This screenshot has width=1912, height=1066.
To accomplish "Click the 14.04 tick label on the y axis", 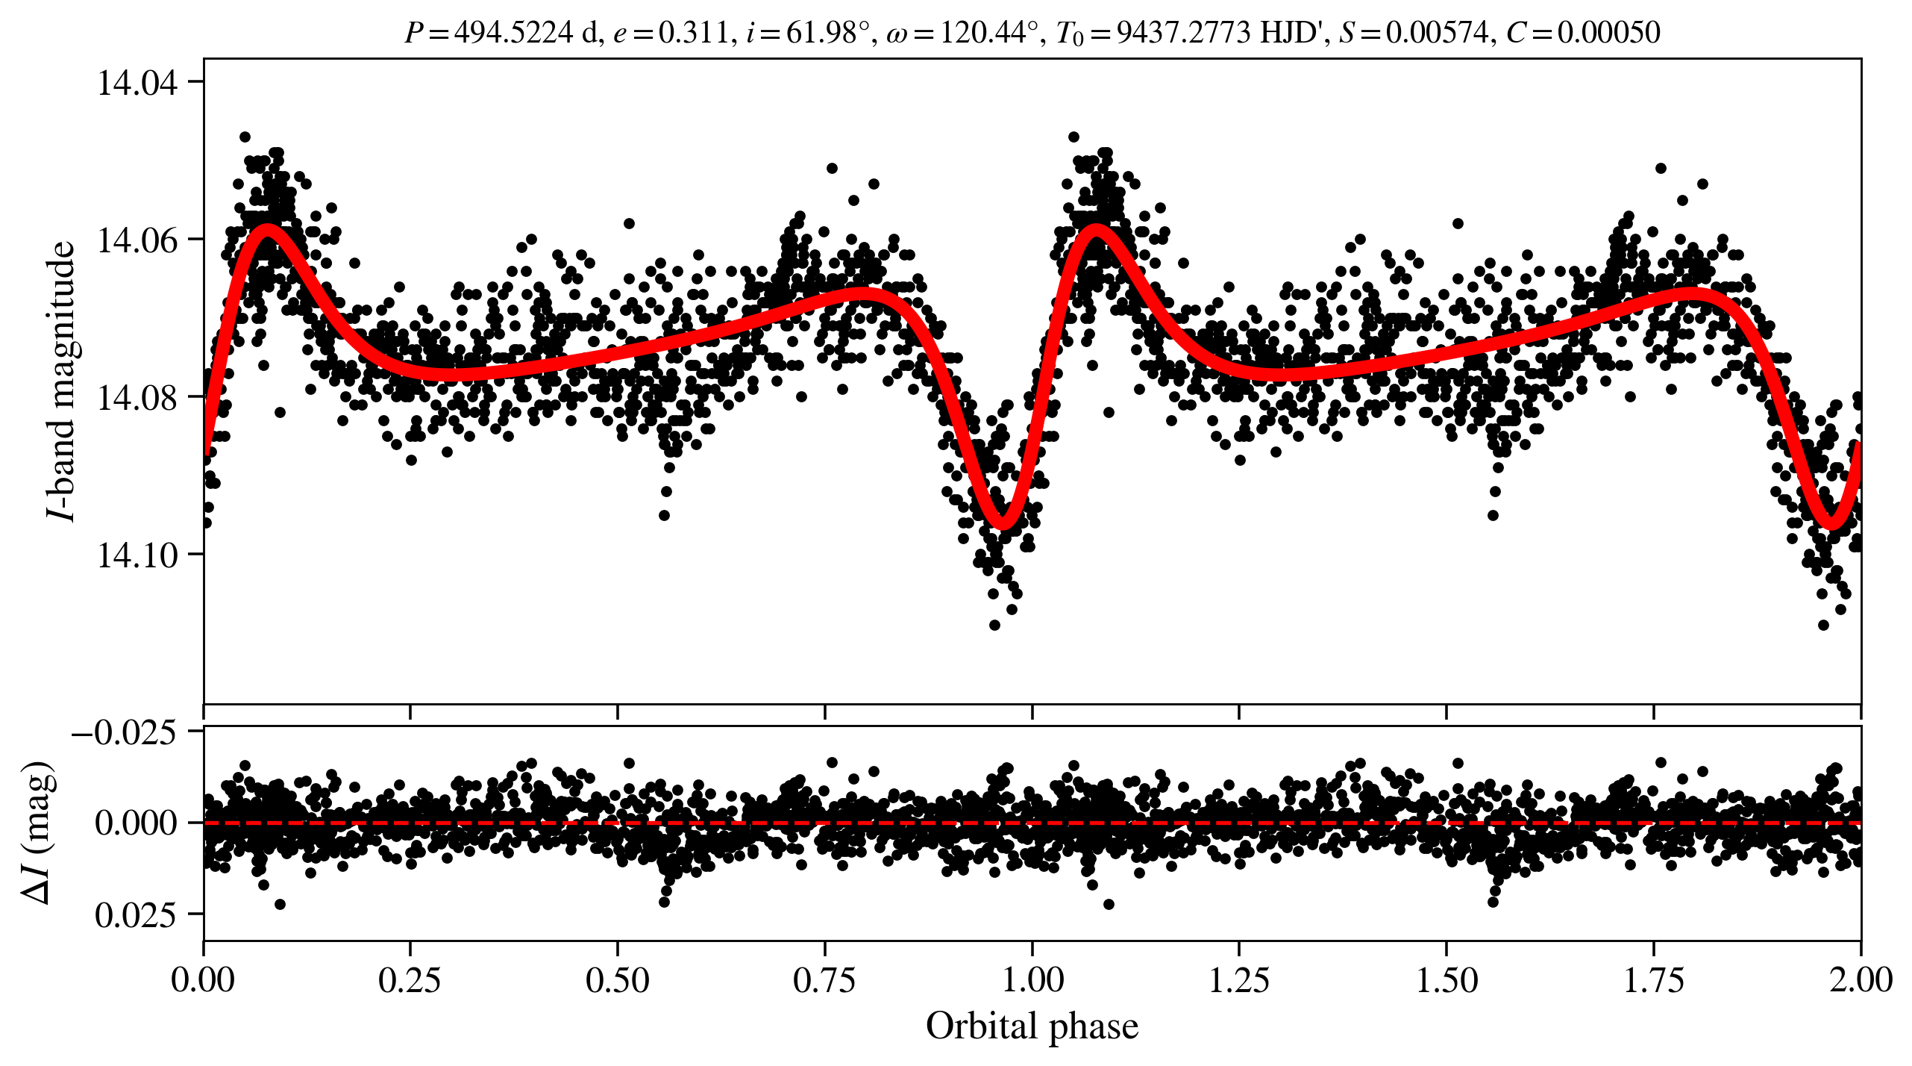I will coord(137,82).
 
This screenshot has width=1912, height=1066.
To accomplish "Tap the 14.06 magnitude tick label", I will coord(137,240).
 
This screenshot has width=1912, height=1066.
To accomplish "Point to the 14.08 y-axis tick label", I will coord(137,397).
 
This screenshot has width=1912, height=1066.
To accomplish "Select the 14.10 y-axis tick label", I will coord(137,555).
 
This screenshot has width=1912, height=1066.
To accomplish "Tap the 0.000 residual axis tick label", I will coord(137,823).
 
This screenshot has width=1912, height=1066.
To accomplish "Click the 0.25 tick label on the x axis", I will coord(410,980).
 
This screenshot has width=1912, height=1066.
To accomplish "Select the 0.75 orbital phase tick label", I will coord(824,980).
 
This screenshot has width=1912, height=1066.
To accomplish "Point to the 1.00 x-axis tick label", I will coord(1032,980).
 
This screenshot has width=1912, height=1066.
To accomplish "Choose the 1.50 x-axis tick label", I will coord(1446,980).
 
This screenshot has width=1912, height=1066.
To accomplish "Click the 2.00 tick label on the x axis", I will coord(1860,980).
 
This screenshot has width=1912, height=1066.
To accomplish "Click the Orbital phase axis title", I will coord(1032,1026).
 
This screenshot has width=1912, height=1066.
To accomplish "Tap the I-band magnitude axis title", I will coord(63,381).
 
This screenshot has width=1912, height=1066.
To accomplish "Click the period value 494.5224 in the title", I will coord(514,33).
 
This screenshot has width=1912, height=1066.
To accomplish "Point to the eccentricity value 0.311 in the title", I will coord(693,33).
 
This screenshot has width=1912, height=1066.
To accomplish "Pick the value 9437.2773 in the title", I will coord(1183,33).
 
